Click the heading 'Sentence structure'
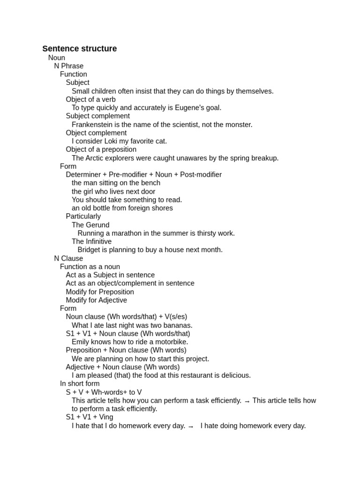tap(80, 49)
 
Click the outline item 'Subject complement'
tap(98, 116)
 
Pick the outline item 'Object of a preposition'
tap(101, 150)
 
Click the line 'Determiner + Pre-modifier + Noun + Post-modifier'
tap(144, 175)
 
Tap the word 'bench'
tap(150, 183)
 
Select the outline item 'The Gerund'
tap(90, 225)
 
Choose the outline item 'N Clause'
tap(68, 258)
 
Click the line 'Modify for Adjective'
tap(97, 300)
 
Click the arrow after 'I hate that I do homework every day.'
tap(191, 427)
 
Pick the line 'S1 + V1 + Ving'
tap(90, 417)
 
